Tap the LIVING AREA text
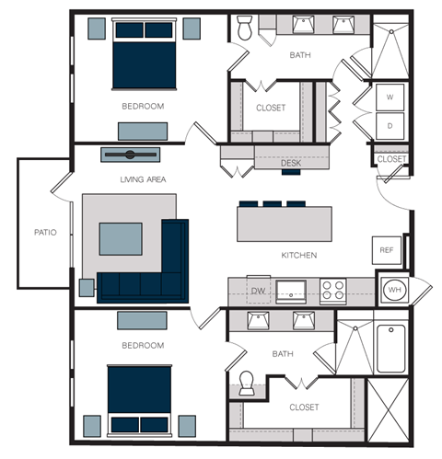142,179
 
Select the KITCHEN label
299,255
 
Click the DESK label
291,164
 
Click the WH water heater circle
394,290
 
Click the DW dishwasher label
258,290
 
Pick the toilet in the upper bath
246,30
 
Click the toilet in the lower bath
246,384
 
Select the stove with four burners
332,290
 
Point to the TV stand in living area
130,154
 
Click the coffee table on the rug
121,236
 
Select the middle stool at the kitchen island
272,203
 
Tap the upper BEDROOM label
142,107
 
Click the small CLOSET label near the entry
391,159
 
